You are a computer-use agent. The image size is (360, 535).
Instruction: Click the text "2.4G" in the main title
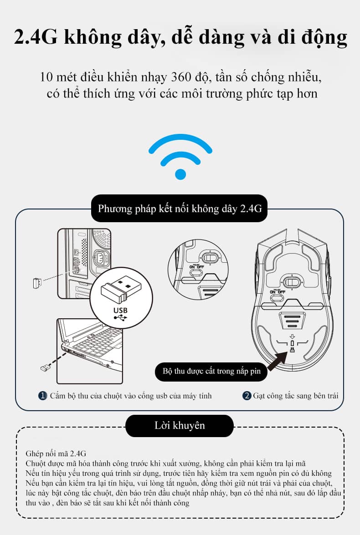click(36, 38)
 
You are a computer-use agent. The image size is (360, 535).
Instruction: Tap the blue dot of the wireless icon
click(180, 173)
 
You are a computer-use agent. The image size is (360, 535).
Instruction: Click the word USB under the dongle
click(121, 310)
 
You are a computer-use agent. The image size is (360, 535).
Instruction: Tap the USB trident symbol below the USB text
click(121, 318)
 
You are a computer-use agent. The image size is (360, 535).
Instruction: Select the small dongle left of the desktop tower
click(37, 283)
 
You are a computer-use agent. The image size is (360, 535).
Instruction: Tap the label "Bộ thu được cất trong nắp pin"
click(211, 371)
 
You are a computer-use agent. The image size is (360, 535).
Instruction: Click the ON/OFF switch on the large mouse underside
click(278, 298)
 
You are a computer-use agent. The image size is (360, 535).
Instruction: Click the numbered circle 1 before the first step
click(42, 396)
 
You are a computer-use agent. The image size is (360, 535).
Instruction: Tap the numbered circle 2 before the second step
click(247, 396)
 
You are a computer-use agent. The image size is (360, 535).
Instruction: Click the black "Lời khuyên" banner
click(179, 426)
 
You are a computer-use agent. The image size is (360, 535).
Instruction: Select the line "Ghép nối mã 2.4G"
click(56, 454)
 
